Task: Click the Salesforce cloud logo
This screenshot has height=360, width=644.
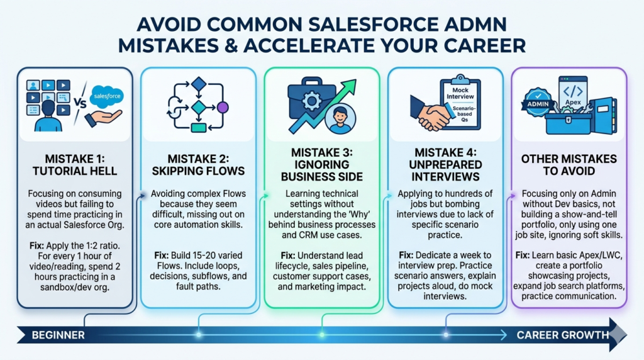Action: pos(107,96)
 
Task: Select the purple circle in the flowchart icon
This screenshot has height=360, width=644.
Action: pos(221,107)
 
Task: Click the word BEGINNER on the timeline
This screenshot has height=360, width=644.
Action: pos(58,335)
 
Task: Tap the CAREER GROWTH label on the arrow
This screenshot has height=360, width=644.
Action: pos(563,335)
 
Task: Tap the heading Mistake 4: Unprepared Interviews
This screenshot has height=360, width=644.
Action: pos(445,165)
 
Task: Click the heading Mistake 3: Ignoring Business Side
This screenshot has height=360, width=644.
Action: pos(321,165)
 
